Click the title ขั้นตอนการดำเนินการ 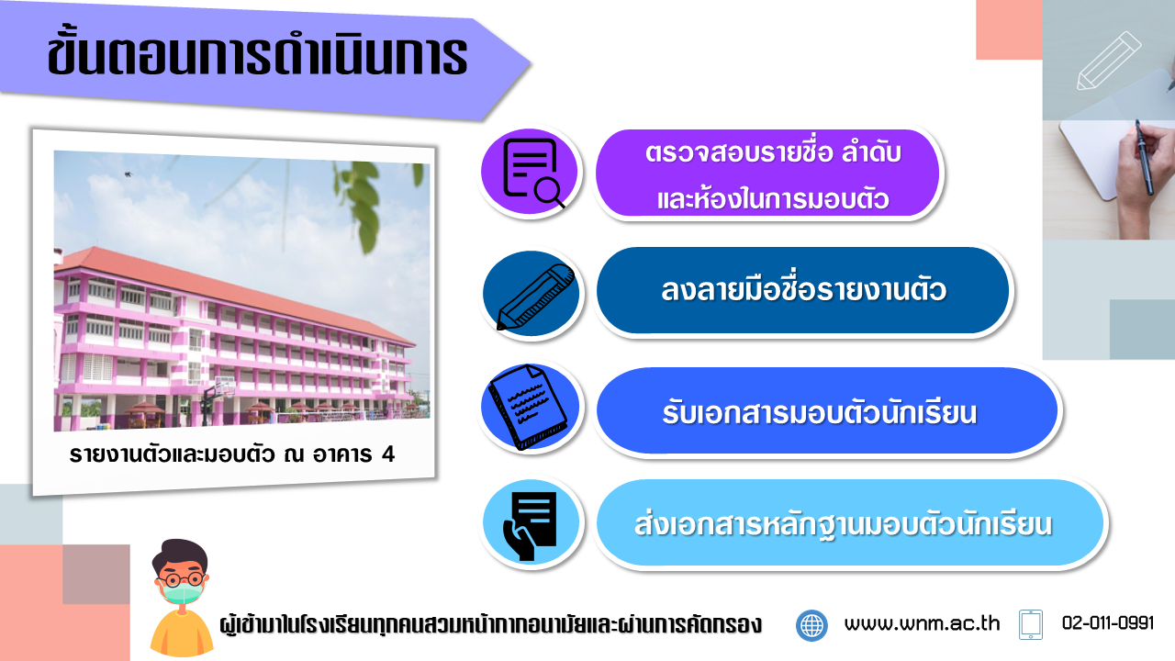pos(257,55)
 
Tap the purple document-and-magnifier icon pos(530,171)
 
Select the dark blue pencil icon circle pos(531,293)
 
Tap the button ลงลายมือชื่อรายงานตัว pos(802,290)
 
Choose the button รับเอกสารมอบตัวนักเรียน pos(827,410)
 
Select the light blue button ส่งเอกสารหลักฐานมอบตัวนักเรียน pos(850,522)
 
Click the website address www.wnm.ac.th pos(922,623)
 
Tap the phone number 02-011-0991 pos(1108,623)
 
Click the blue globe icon pos(811,625)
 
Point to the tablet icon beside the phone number pos(1031,624)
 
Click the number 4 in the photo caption pos(388,454)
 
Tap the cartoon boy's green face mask pos(182,593)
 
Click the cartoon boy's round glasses pos(181,579)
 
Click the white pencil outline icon pos(1109,61)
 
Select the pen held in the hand pos(1145,157)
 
